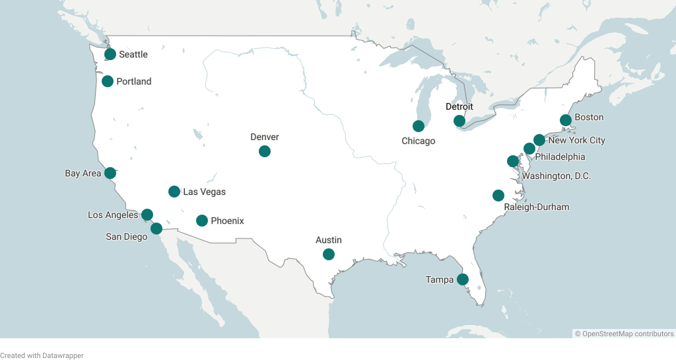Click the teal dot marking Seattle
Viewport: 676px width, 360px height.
click(110, 54)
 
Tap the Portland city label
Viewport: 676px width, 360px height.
click(133, 82)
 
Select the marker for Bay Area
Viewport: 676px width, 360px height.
click(110, 173)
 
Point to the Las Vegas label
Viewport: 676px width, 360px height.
click(204, 192)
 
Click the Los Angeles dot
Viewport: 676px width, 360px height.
click(147, 215)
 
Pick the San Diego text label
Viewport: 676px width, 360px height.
click(127, 236)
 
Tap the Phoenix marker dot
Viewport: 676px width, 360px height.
click(202, 221)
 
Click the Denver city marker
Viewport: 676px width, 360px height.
click(265, 151)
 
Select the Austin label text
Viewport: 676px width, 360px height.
click(329, 240)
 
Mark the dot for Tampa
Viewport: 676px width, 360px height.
click(463, 279)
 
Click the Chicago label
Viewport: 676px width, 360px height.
click(419, 141)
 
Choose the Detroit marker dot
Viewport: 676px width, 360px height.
click(459, 121)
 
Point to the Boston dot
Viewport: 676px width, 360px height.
click(566, 120)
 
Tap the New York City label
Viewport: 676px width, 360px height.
click(576, 140)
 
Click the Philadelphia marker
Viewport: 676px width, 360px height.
click(529, 149)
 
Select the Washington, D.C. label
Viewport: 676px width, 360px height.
click(557, 176)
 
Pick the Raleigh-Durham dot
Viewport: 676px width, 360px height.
click(498, 196)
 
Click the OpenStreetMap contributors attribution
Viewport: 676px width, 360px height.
click(624, 334)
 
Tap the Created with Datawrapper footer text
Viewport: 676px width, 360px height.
click(42, 355)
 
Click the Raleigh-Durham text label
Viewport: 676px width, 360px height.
click(536, 207)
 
